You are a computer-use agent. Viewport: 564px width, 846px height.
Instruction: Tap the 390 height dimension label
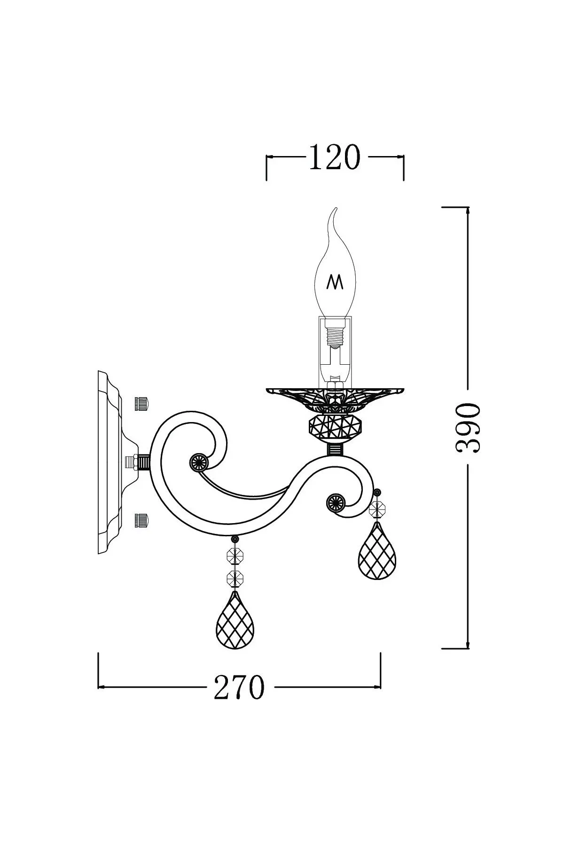(468, 427)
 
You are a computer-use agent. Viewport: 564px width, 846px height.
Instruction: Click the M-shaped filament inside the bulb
(335, 282)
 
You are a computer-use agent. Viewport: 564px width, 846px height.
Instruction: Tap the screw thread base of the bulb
(335, 335)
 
